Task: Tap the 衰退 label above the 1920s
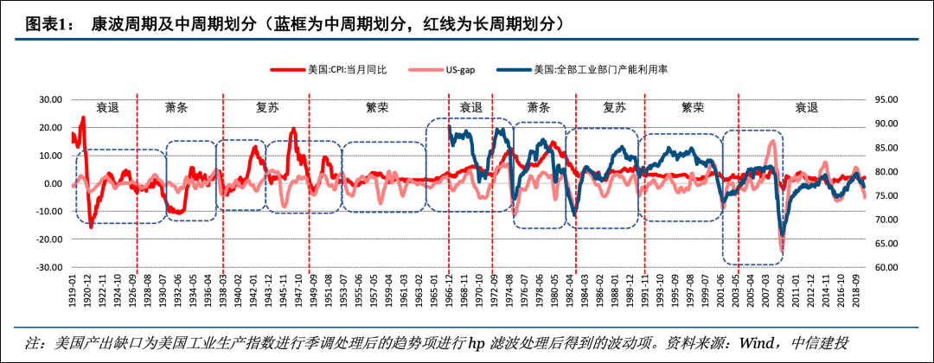tap(108, 108)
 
